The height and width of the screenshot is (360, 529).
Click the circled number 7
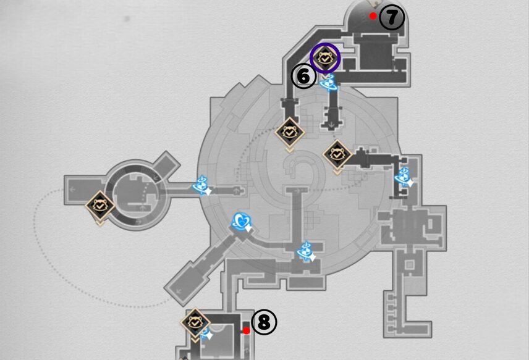[x=392, y=18]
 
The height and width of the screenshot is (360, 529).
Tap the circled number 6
[x=303, y=76]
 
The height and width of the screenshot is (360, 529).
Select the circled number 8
[x=264, y=322]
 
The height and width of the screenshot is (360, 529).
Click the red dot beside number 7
[x=373, y=16]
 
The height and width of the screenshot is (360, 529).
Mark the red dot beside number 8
[x=246, y=330]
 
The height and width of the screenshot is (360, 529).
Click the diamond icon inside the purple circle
[x=325, y=57]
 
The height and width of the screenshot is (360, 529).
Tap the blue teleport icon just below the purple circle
[x=328, y=82]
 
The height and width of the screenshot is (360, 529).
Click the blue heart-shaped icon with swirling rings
[x=241, y=220]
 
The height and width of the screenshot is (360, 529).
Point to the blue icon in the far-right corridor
[x=404, y=177]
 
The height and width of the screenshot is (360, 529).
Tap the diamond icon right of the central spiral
[x=337, y=154]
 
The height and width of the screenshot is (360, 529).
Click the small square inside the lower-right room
[x=408, y=264]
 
